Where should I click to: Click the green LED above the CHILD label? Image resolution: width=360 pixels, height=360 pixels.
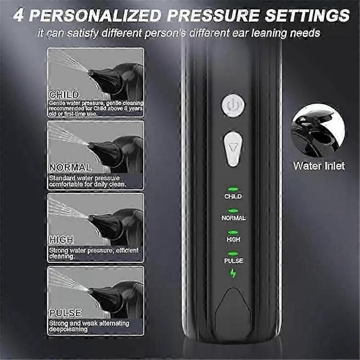[233, 190]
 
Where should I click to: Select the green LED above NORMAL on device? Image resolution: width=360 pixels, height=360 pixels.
[233, 211]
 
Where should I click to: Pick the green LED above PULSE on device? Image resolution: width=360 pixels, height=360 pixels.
[233, 254]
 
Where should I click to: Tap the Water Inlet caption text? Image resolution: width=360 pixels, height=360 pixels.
[319, 166]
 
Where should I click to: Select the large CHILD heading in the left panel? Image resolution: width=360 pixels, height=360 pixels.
[64, 95]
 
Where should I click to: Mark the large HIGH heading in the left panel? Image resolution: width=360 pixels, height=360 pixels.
[62, 240]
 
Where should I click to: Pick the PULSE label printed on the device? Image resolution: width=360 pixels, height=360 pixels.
[233, 261]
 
